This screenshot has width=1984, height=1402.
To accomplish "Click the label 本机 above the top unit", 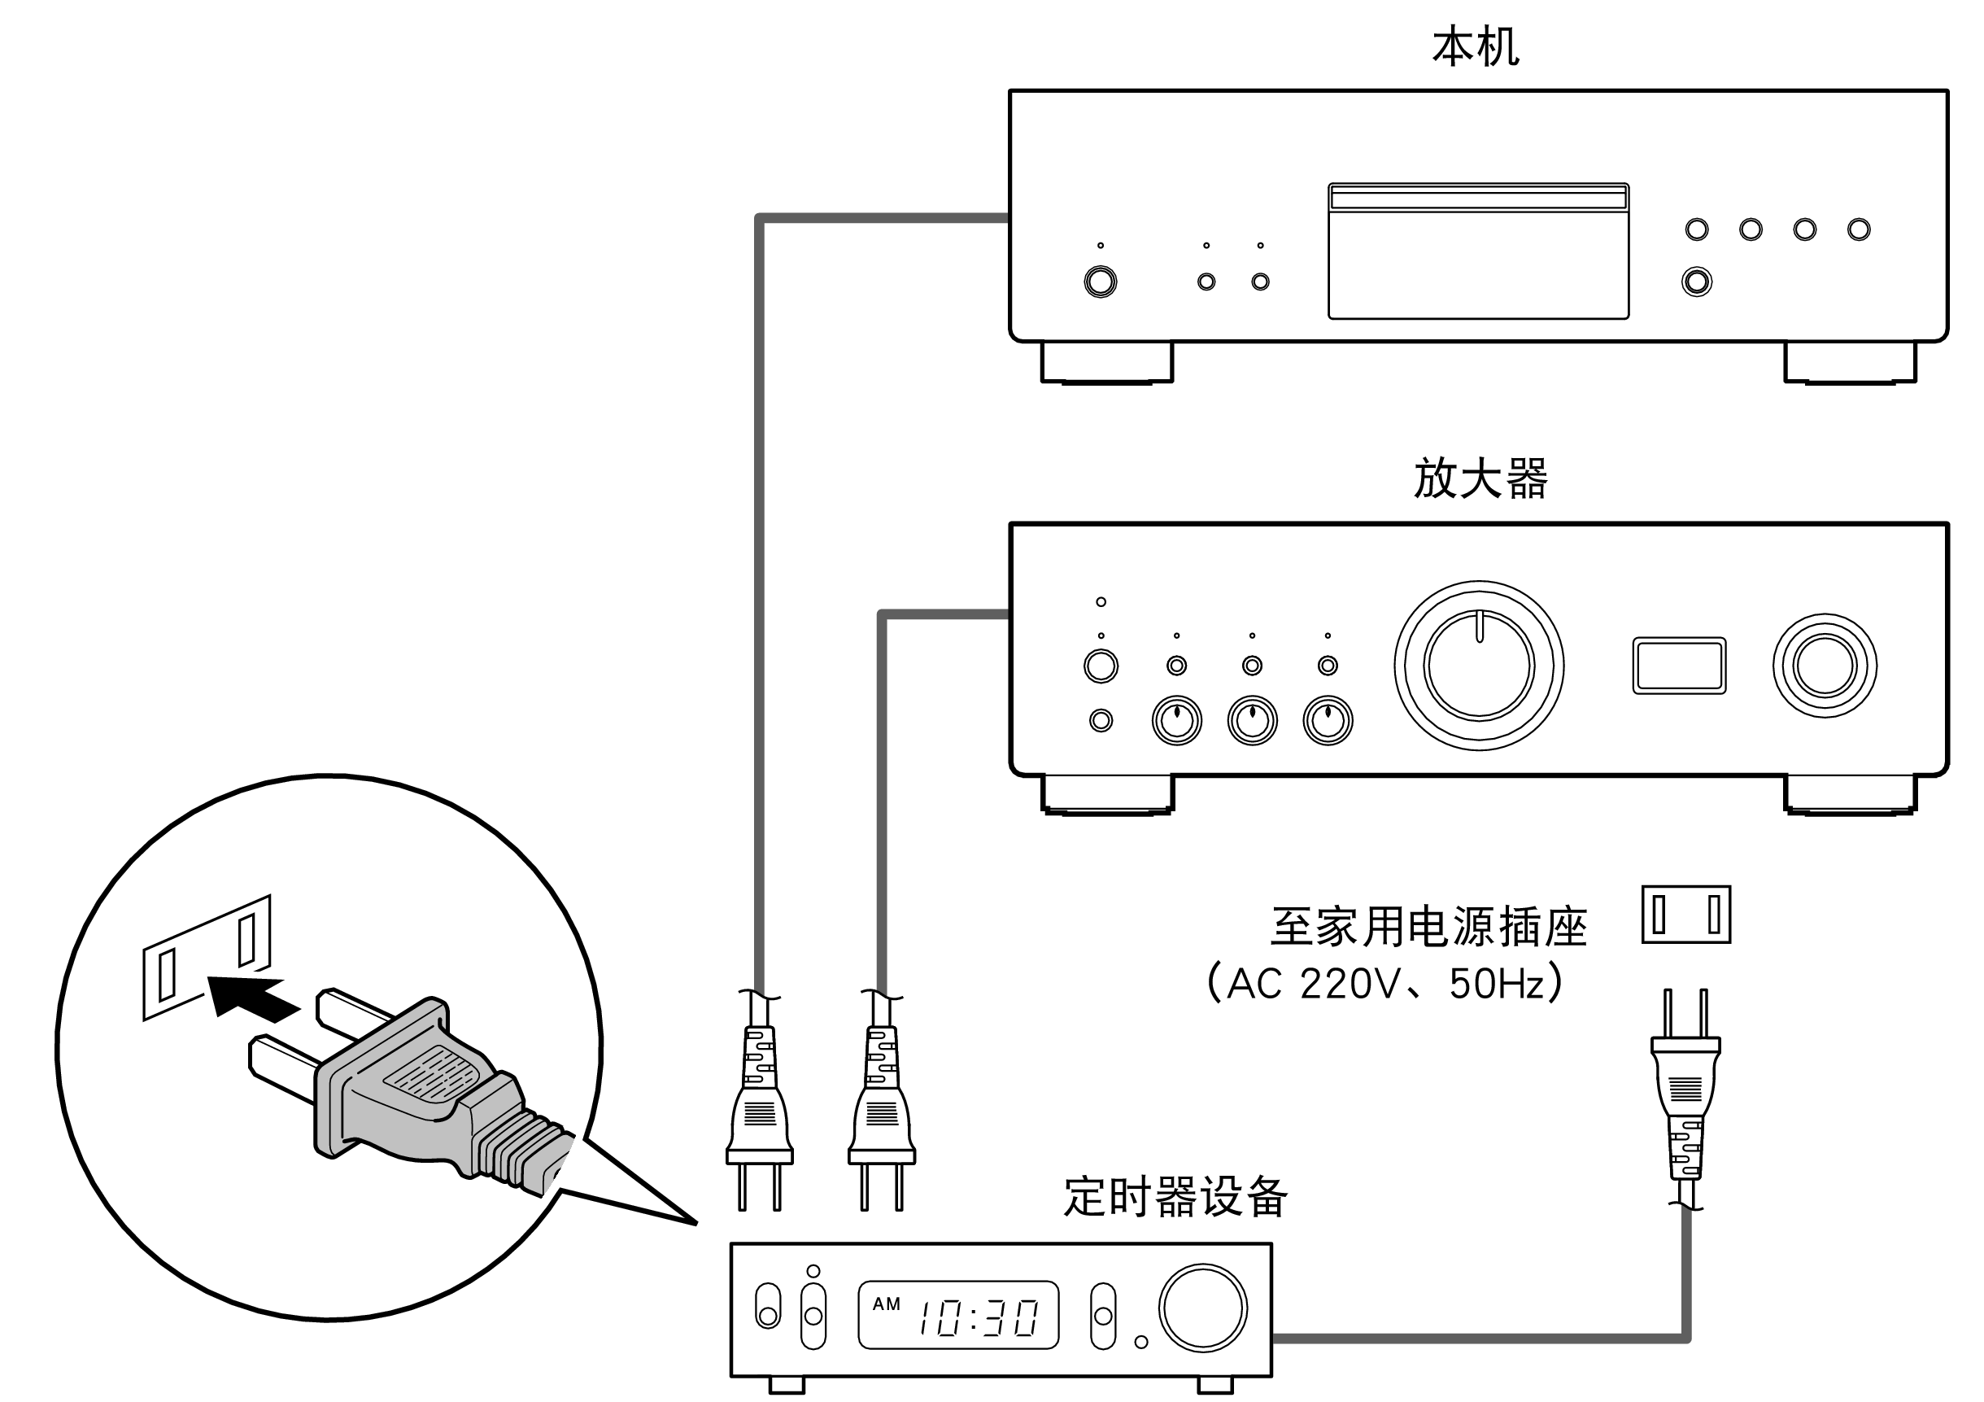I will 1474,47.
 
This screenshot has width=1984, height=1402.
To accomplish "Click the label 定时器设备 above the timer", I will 1175,1196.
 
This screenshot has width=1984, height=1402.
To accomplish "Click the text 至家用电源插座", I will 1428,927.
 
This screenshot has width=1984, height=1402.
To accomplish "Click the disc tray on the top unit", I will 1478,251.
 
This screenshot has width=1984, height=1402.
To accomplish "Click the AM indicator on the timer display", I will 886,1304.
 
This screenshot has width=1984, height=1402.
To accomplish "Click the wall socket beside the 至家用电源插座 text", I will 1685,914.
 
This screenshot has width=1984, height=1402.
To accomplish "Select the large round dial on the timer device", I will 1202,1308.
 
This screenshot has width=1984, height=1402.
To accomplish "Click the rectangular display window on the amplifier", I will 1678,666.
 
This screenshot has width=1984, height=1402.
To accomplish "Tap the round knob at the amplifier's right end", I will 1823,666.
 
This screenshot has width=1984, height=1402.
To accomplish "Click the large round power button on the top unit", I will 1100,282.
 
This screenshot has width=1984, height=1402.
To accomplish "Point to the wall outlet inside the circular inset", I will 207,958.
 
